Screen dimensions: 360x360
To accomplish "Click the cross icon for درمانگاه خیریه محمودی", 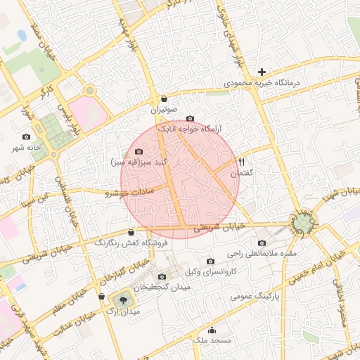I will point(262,72).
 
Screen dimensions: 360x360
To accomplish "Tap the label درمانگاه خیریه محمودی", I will point(262,83).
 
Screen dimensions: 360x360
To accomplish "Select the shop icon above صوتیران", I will point(164,98).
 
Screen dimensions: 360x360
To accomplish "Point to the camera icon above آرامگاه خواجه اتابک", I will point(189,118).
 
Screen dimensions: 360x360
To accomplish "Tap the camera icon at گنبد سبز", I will point(139,152).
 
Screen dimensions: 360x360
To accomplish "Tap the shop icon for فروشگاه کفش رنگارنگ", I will point(131,232).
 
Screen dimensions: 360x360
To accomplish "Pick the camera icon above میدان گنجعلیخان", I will point(163,276).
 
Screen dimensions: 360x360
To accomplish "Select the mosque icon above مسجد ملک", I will point(212,330).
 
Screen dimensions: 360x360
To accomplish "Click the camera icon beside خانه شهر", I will point(27,136).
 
